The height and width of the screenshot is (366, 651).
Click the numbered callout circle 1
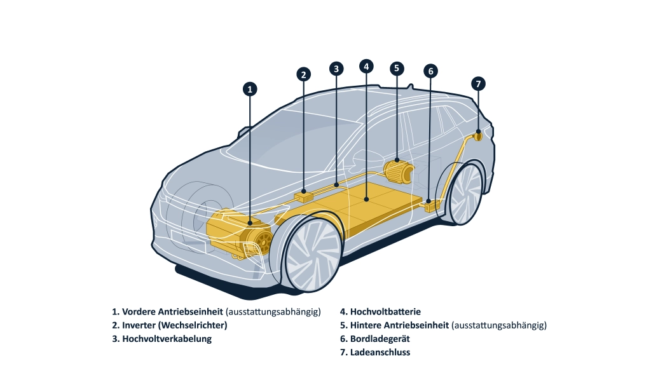click(x=250, y=90)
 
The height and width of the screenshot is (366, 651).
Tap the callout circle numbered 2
click(x=304, y=74)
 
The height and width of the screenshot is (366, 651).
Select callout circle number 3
click(x=336, y=68)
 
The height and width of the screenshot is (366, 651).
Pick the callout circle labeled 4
click(x=366, y=66)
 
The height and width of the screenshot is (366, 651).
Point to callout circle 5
click(x=396, y=68)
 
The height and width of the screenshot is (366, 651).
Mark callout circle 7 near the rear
click(x=478, y=83)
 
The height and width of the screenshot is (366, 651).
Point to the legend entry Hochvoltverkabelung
click(x=167, y=339)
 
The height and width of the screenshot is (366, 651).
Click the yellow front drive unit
click(x=242, y=233)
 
